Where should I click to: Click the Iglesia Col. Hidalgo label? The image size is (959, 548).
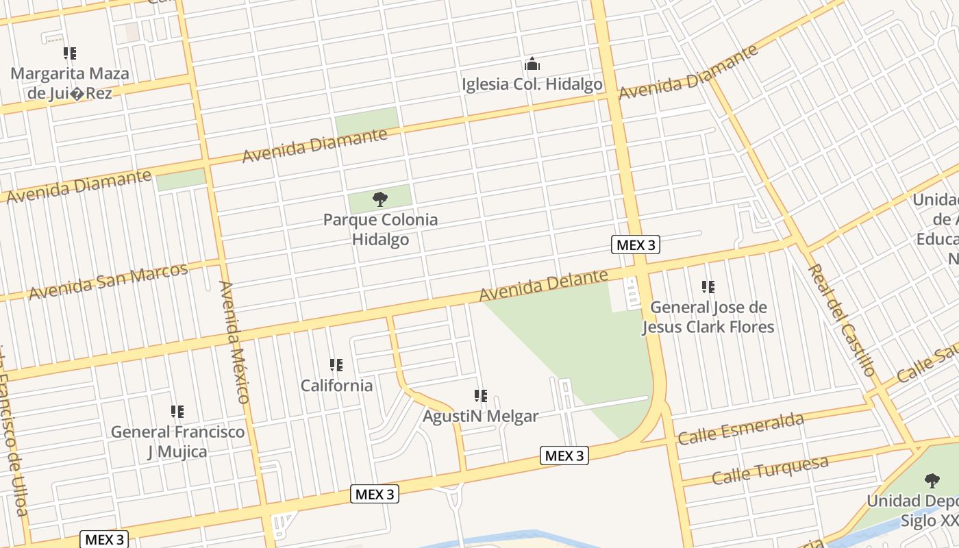(532, 84)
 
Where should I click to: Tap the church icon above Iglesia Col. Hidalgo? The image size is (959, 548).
(532, 65)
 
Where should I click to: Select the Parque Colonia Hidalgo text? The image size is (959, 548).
(380, 229)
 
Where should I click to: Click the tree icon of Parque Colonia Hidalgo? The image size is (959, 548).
(380, 199)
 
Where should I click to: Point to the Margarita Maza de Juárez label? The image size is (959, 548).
(69, 83)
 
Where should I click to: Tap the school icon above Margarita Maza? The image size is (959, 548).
(70, 53)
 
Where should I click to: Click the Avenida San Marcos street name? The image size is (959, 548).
(108, 281)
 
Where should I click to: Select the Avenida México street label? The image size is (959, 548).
(234, 341)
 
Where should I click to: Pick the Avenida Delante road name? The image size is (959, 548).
(543, 285)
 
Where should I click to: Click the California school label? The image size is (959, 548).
(336, 385)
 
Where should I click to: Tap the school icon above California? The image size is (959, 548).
(336, 365)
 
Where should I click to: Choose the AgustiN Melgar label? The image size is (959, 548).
(480, 416)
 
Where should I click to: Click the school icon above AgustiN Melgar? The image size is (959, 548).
(481, 396)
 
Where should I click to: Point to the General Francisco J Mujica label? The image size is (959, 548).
(177, 441)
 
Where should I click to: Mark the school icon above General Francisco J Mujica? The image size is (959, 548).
(177, 412)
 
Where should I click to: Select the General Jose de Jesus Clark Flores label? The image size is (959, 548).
(708, 316)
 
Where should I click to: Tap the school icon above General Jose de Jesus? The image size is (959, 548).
(708, 287)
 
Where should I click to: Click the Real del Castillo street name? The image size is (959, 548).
(842, 320)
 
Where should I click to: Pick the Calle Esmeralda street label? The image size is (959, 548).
(740, 429)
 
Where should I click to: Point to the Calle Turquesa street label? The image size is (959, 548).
(770, 470)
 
